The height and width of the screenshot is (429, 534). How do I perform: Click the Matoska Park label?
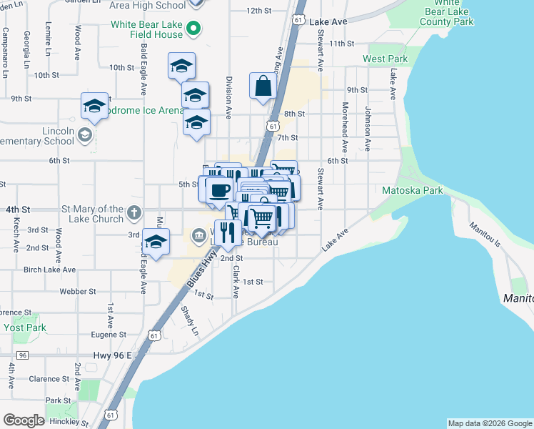coord(413,190)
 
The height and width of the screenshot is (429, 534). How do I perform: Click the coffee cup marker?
coord(220,190)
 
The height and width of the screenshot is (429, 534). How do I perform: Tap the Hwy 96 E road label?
coord(113,355)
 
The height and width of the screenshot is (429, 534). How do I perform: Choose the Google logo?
coord(24,420)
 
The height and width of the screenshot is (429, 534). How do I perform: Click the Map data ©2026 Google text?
coord(489,423)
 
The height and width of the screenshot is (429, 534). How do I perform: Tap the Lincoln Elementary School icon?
coord(84,135)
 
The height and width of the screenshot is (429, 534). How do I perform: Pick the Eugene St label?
coord(109,334)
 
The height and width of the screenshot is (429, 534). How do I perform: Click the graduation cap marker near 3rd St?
coord(156,242)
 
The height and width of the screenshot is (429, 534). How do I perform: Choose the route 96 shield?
coord(23,355)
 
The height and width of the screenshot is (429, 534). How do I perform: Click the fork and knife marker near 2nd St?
coord(227,232)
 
